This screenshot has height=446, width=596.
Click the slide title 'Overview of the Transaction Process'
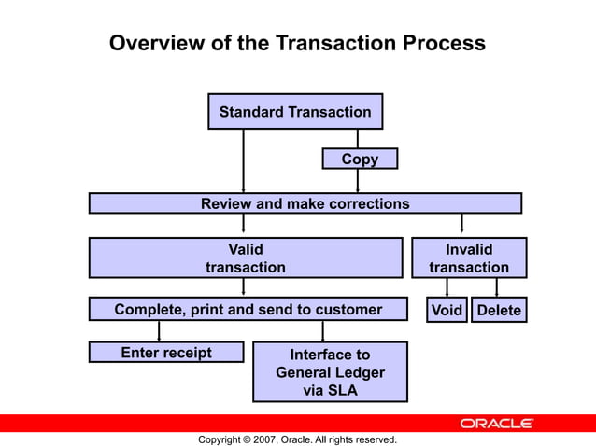click(x=297, y=43)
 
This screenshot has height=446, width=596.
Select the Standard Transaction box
click(x=294, y=112)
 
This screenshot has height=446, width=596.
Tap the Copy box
click(x=360, y=160)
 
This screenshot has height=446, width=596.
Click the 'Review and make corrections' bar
click(x=305, y=203)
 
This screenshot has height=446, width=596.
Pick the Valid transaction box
click(x=245, y=258)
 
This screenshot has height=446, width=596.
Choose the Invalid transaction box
click(x=469, y=258)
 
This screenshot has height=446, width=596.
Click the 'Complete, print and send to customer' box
click(x=248, y=309)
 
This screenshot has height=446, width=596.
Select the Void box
click(x=447, y=310)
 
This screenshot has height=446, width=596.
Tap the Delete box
click(x=499, y=310)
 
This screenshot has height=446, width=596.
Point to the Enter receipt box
click(x=166, y=353)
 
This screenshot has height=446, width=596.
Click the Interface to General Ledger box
click(x=330, y=371)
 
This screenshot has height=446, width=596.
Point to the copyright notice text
click(x=297, y=439)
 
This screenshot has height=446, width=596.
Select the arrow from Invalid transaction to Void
click(x=447, y=287)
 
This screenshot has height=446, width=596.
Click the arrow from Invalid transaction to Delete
click(x=496, y=287)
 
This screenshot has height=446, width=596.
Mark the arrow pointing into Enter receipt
click(x=159, y=331)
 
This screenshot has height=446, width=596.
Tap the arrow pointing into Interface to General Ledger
click(x=323, y=331)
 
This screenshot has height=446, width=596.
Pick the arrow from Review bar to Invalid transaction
click(x=461, y=225)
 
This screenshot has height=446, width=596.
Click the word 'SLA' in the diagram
click(x=339, y=390)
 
